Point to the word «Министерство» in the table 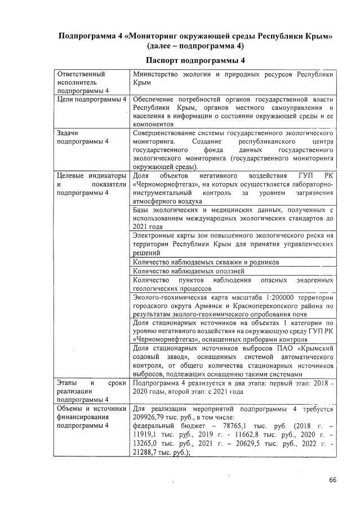click(154, 74)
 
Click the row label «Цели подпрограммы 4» click(91, 99)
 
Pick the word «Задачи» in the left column click(68, 132)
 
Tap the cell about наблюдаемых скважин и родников click(206, 262)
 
